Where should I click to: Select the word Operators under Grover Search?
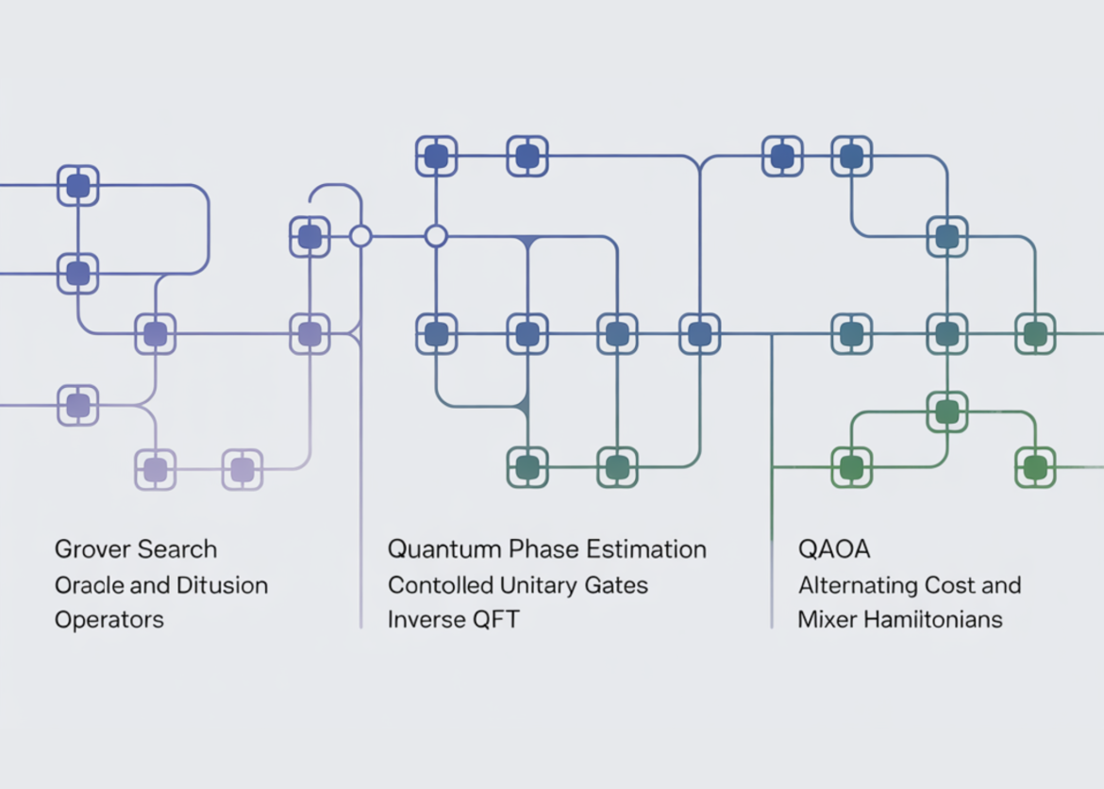tap(109, 620)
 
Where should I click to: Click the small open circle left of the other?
tap(360, 236)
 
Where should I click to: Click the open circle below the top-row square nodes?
tap(435, 236)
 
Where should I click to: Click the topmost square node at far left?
tap(78, 186)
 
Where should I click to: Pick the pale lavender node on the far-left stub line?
tap(78, 406)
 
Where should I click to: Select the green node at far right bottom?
tap(1035, 467)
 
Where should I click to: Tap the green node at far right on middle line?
tap(1035, 334)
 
